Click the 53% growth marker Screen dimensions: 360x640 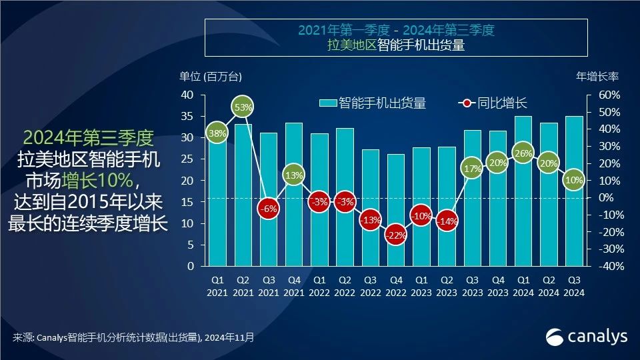[x=243, y=107]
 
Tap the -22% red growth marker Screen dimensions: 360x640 [x=395, y=235]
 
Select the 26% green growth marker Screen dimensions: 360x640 [x=523, y=154]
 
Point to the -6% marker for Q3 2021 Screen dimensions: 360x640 [x=269, y=208]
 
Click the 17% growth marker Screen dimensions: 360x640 [x=472, y=169]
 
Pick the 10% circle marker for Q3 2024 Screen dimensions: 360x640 [x=573, y=180]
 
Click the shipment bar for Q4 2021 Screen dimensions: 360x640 [x=294, y=194]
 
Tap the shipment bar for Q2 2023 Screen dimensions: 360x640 [x=447, y=206]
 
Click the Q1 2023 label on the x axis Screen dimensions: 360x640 [x=421, y=286]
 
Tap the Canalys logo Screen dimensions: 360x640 [x=587, y=337]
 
